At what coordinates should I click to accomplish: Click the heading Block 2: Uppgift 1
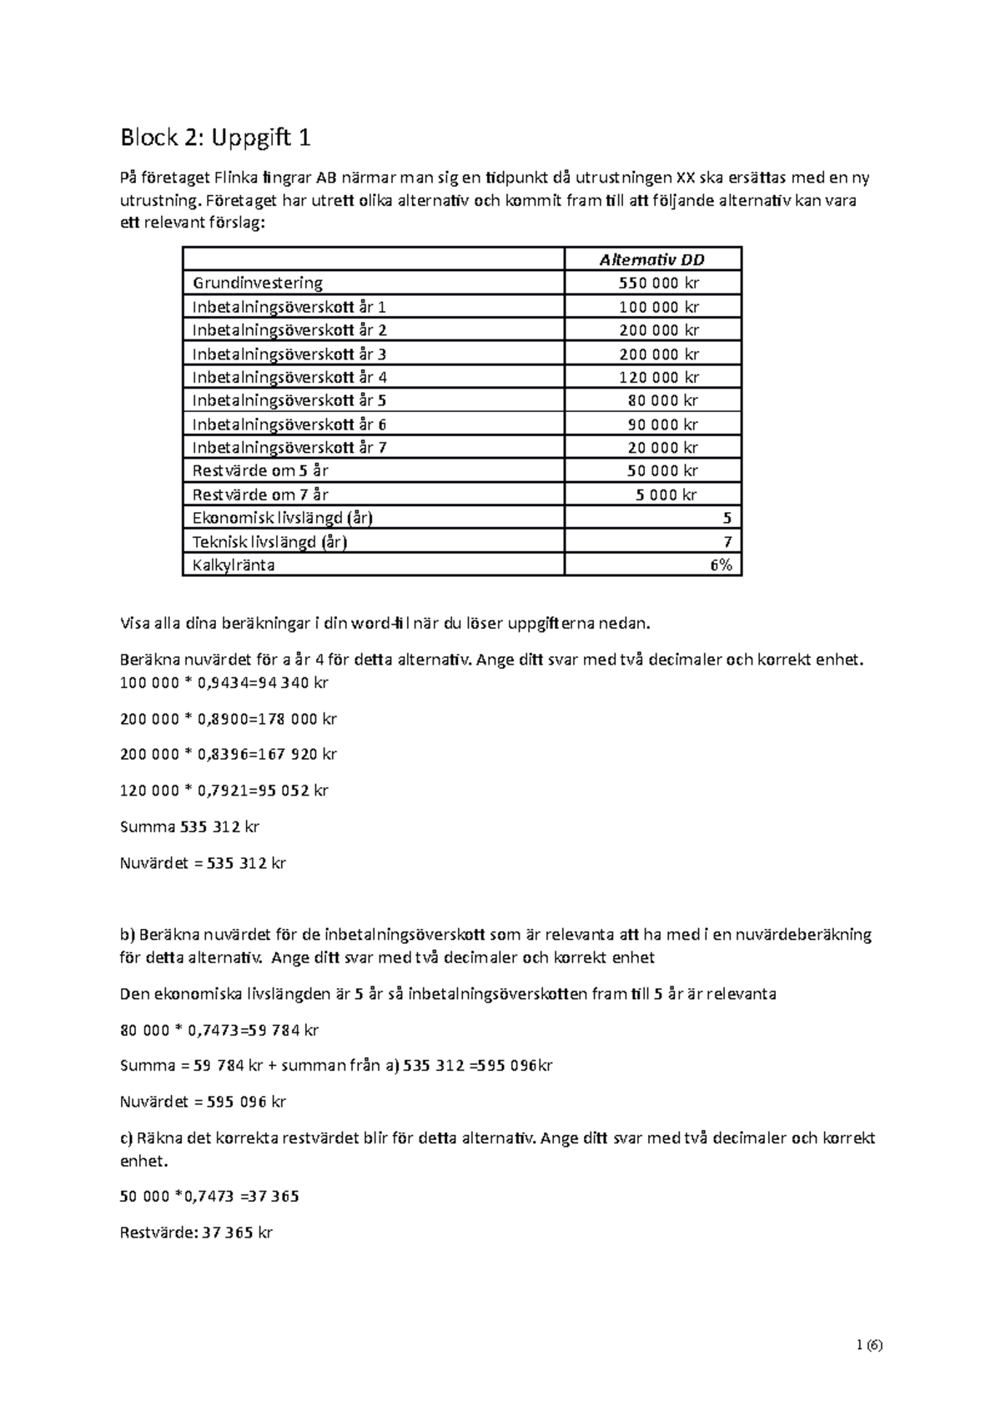(215, 138)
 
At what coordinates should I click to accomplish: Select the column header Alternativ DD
(651, 259)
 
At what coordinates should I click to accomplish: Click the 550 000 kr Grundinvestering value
(658, 283)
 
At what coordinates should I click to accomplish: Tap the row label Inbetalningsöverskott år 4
(289, 377)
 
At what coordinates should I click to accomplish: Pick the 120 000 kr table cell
(658, 377)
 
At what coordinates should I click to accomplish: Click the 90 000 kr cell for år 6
(662, 424)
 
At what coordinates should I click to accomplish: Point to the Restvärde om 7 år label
(260, 495)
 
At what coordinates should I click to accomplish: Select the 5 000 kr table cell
(666, 495)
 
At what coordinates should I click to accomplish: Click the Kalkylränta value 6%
(721, 565)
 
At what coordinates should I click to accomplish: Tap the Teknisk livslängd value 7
(727, 542)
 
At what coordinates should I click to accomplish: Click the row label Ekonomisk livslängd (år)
(282, 518)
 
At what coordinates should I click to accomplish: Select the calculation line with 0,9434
(224, 683)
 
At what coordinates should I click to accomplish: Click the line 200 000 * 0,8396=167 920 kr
(228, 754)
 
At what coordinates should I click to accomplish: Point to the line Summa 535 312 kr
(189, 827)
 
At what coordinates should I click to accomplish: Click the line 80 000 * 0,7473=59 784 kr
(219, 1030)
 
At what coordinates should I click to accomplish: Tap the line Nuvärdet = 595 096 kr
(203, 1102)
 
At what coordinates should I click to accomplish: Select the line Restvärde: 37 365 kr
(196, 1233)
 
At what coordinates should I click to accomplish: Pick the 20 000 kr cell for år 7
(662, 448)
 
